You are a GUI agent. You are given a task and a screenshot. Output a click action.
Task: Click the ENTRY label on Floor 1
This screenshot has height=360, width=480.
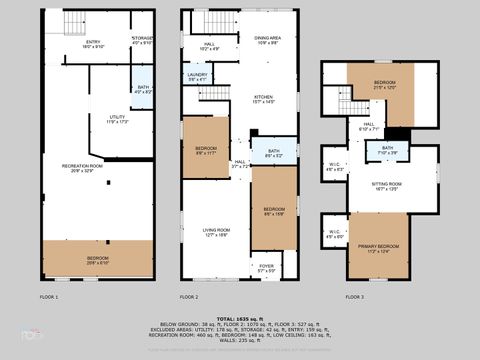tap(92, 43)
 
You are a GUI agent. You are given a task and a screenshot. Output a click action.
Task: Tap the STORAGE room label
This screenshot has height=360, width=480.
tap(141, 41)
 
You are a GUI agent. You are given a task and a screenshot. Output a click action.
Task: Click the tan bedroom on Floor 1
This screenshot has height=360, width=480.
tap(97, 259)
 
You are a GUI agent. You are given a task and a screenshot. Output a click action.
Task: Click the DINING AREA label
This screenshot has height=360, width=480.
tap(266, 41)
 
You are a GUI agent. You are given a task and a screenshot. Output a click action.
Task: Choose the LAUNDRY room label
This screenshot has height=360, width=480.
tap(196, 78)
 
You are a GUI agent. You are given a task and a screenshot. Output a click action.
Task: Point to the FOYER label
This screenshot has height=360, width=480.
tap(265, 267)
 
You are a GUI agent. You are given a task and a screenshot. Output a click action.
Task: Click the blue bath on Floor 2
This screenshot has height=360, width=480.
tap(273, 153)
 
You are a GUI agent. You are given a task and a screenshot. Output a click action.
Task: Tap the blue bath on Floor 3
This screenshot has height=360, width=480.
tap(387, 151)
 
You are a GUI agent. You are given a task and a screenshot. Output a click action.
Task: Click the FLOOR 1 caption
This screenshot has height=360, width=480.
tap(49, 297)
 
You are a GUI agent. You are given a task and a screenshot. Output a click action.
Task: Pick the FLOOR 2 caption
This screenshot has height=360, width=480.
tap(189, 297)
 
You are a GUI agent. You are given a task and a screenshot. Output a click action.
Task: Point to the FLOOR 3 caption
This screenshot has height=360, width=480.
tap(355, 297)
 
